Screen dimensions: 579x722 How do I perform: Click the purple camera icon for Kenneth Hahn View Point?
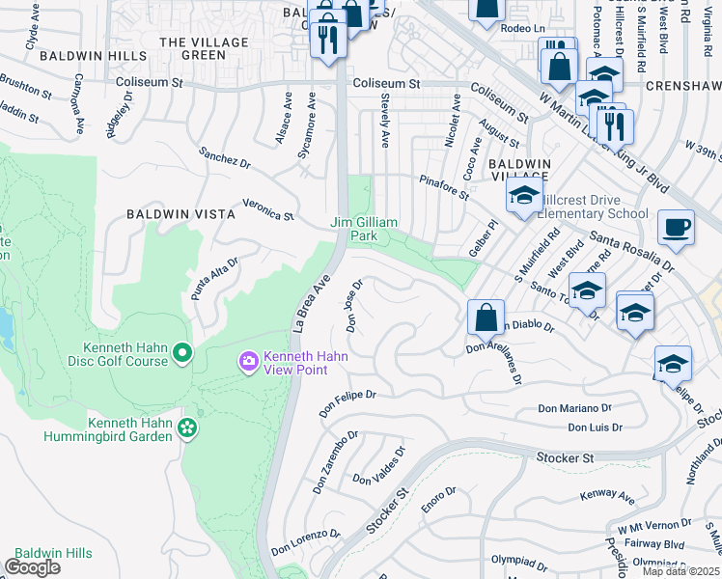click(x=249, y=361)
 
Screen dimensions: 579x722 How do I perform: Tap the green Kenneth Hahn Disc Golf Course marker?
click(x=183, y=357)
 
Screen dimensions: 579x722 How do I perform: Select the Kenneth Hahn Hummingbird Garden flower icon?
click(x=187, y=427)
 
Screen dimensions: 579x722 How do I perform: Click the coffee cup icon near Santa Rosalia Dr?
click(x=676, y=228)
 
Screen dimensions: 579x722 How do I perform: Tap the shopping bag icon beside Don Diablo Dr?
click(x=486, y=316)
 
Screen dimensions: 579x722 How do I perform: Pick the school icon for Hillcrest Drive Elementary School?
click(x=523, y=196)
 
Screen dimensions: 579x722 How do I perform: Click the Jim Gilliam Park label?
click(x=364, y=229)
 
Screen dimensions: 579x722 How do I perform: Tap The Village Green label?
click(x=192, y=48)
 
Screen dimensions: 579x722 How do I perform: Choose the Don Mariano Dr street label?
click(x=575, y=409)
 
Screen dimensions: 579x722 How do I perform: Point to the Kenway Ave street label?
click(x=607, y=498)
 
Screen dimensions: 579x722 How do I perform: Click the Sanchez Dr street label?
click(x=224, y=159)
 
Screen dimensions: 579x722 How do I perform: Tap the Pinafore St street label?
click(x=443, y=187)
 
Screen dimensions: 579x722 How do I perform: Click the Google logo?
click(x=33, y=567)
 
